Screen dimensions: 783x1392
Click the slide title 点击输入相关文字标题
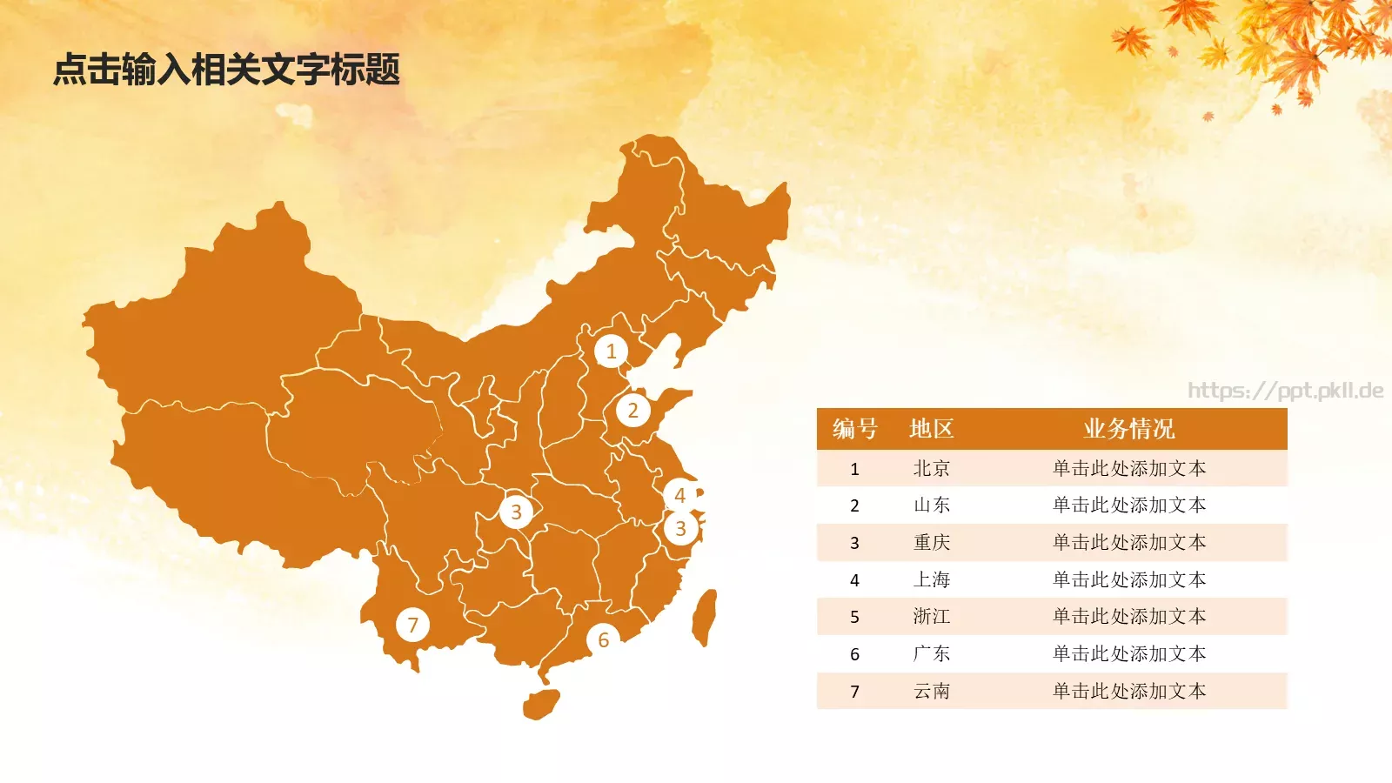click(226, 70)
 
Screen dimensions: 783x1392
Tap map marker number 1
click(611, 351)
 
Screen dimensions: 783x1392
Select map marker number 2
click(632, 411)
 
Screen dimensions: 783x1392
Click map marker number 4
click(679, 495)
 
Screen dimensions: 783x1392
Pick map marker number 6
click(603, 640)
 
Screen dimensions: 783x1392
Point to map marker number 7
click(412, 625)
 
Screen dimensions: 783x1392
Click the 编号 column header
click(854, 429)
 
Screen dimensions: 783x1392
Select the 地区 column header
click(932, 429)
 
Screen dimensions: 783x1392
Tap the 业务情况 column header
click(1128, 429)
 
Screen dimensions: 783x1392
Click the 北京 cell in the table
click(932, 469)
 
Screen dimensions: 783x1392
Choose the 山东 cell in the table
click(932, 505)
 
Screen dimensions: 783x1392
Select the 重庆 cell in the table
click(932, 543)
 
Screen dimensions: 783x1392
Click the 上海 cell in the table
click(932, 580)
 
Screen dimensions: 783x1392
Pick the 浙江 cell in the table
click(932, 617)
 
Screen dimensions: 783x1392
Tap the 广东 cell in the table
click(932, 654)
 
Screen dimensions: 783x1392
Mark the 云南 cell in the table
click(932, 692)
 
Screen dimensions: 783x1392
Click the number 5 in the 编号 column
click(854, 618)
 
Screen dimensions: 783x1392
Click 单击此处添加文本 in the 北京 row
click(1128, 469)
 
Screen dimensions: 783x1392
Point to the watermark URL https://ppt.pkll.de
click(1285, 391)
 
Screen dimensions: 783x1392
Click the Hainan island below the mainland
click(541, 704)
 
